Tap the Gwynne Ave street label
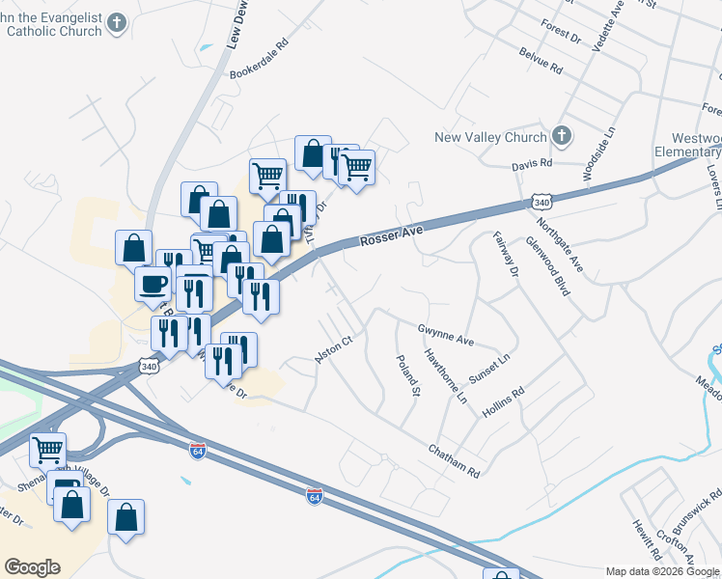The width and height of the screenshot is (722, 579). (445, 335)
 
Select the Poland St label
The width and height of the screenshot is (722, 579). (409, 375)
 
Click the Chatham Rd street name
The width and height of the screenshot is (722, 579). (454, 460)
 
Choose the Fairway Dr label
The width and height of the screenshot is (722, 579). (506, 256)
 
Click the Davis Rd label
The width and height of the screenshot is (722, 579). (532, 164)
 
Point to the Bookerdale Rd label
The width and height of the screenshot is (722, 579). (259, 59)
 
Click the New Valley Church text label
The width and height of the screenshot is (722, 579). (490, 138)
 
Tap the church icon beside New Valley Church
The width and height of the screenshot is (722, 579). (562, 137)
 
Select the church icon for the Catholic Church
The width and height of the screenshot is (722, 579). (117, 22)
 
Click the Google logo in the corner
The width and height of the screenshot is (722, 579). (33, 567)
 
